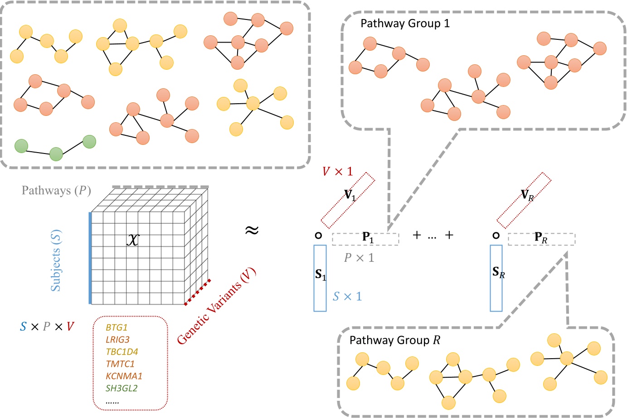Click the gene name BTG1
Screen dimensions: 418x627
pyautogui.click(x=117, y=327)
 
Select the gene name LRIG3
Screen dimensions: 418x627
pyautogui.click(x=117, y=340)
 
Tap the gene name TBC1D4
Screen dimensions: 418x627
pyautogui.click(x=122, y=352)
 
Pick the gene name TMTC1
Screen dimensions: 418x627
pyautogui.click(x=120, y=364)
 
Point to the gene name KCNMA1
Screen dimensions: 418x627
pyautogui.click(x=124, y=376)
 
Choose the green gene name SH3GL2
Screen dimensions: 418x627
pyautogui.click(x=122, y=389)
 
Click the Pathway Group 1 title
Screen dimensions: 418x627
pyautogui.click(x=405, y=24)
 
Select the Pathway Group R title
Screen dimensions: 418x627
pyautogui.click(x=394, y=340)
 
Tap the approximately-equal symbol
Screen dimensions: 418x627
pyautogui.click(x=252, y=231)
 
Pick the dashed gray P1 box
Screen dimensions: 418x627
pyautogui.click(x=365, y=239)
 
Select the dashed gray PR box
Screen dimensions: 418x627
pyautogui.click(x=541, y=239)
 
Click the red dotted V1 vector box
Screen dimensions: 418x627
pyautogui.click(x=348, y=200)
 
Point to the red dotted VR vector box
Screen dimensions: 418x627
pyautogui.click(x=524, y=200)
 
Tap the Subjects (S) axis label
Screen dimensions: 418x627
pyautogui.click(x=56, y=260)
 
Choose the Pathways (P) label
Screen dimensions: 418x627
pyautogui.click(x=56, y=191)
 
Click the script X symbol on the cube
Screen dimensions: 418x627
pyautogui.click(x=132, y=239)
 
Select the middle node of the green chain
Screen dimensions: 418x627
pyautogui.click(x=56, y=154)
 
